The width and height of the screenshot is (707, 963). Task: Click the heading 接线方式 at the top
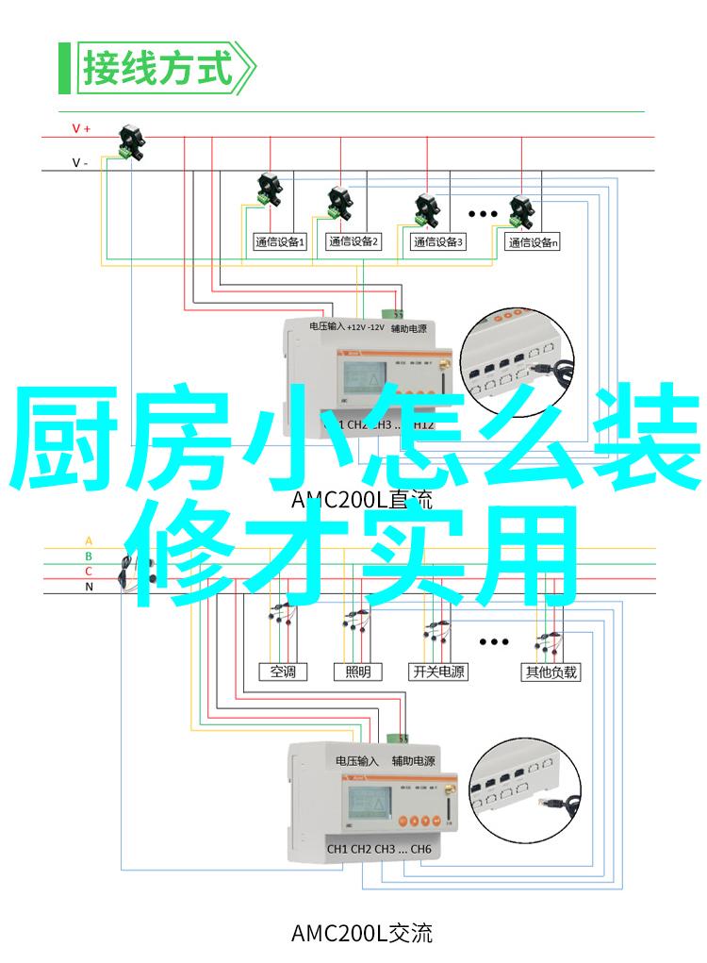(x=156, y=68)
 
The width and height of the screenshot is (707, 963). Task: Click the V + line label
(x=81, y=129)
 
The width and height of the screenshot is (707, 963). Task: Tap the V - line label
(x=81, y=162)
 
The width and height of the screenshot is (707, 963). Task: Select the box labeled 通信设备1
(x=280, y=242)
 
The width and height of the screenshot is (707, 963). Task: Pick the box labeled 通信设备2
(x=353, y=242)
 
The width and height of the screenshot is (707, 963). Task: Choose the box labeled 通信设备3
(x=438, y=242)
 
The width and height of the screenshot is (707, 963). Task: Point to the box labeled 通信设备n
(x=534, y=242)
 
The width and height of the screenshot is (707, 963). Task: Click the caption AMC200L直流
(x=362, y=500)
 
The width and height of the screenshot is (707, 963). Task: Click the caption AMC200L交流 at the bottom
(x=362, y=934)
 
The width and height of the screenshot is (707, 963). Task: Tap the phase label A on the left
(x=89, y=541)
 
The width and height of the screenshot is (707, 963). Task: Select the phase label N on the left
(x=89, y=587)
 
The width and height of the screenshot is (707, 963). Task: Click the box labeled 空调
(x=283, y=672)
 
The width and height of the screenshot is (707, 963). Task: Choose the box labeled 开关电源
(x=438, y=672)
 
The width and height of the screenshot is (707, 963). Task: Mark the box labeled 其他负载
(x=551, y=672)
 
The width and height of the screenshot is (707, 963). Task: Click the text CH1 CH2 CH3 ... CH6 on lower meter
(x=379, y=850)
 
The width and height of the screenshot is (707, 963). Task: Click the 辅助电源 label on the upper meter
(x=409, y=328)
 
